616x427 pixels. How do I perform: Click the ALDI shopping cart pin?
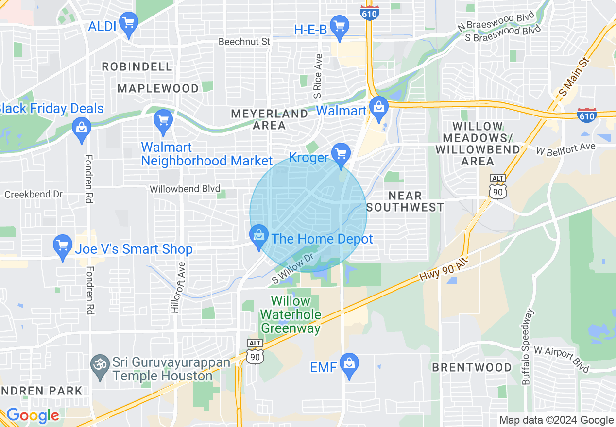coord(129,24)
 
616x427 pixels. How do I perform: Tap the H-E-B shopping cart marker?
coord(339,27)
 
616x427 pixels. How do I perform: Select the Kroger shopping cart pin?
coord(341,155)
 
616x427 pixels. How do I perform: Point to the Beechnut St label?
coord(244,42)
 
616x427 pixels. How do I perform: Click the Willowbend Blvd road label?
coord(185,189)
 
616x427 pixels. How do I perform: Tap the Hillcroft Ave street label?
coord(178,287)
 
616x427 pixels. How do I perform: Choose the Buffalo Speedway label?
coord(528,347)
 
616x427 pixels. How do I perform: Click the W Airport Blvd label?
coord(561,359)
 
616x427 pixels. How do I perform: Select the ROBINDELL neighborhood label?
coord(137,66)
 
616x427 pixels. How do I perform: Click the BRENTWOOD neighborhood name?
coord(472,367)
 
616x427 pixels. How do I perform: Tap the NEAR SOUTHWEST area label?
coord(405,201)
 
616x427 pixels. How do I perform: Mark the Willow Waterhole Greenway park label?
coord(291,314)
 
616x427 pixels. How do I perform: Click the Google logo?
coord(33,416)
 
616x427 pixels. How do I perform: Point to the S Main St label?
coord(574,77)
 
